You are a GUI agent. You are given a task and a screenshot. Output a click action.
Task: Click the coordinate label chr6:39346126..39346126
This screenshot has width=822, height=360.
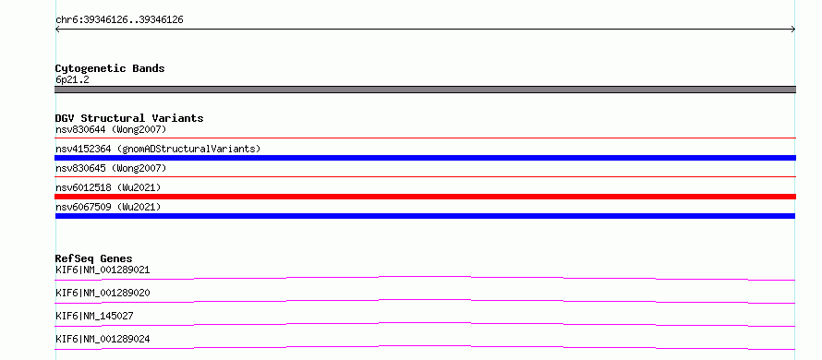pyautogui.click(x=119, y=20)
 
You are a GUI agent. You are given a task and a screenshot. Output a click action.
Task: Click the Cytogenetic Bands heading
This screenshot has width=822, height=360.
pyautogui.click(x=110, y=68)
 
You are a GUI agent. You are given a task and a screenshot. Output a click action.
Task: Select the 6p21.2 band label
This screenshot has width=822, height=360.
pyautogui.click(x=72, y=79)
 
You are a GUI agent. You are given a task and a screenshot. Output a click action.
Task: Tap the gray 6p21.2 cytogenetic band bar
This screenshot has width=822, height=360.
pyautogui.click(x=425, y=90)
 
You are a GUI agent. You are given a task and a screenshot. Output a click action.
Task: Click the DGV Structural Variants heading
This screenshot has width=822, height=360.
pyautogui.click(x=129, y=118)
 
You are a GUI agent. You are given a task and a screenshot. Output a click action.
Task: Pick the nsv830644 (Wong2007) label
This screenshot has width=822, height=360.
pyautogui.click(x=111, y=129)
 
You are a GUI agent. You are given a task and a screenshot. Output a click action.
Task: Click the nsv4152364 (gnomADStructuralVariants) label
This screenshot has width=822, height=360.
pyautogui.click(x=158, y=149)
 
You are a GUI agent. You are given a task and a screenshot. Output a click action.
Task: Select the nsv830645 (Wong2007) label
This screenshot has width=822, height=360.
pyautogui.click(x=111, y=168)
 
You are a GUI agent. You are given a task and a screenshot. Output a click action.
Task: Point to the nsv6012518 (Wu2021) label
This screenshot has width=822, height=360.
pyautogui.click(x=108, y=187)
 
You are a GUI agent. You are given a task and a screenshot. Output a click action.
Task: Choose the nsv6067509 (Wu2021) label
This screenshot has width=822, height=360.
pyautogui.click(x=108, y=207)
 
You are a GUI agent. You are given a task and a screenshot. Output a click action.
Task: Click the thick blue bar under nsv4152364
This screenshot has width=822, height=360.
pyautogui.click(x=425, y=158)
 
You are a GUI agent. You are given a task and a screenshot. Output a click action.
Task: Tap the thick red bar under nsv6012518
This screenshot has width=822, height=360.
pyautogui.click(x=425, y=197)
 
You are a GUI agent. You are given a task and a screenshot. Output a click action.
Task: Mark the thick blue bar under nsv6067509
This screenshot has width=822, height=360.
pyautogui.click(x=425, y=216)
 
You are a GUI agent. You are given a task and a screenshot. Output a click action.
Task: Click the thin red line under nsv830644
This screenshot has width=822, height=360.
pyautogui.click(x=425, y=138)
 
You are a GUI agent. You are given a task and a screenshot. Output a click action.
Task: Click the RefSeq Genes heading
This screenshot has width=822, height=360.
pyautogui.click(x=94, y=258)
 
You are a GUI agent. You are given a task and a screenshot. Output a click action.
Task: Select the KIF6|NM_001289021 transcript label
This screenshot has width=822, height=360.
pyautogui.click(x=103, y=270)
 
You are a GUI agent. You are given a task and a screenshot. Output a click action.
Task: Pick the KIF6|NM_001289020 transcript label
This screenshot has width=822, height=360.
pyautogui.click(x=103, y=293)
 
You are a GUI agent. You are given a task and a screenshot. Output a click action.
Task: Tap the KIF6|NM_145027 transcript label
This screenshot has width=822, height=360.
pyautogui.click(x=94, y=316)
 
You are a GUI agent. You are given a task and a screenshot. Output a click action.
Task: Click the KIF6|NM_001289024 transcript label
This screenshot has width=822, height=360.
pyautogui.click(x=103, y=339)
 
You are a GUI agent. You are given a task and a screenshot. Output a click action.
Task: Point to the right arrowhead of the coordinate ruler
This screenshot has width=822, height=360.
pyautogui.click(x=793, y=30)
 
